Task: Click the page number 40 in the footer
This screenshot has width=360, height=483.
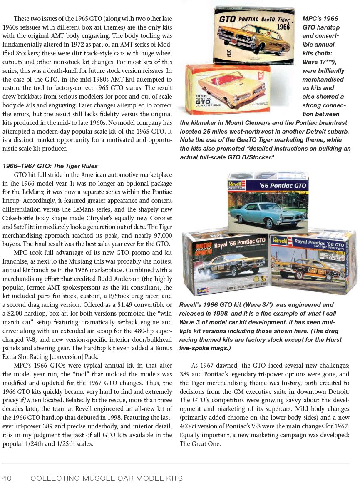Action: tap(7, 478)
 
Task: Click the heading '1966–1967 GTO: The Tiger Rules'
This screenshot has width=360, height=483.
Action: tap(50, 166)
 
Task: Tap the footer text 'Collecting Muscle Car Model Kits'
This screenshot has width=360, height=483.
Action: tap(107, 478)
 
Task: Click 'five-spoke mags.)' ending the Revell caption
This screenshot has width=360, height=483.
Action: tap(205, 348)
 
